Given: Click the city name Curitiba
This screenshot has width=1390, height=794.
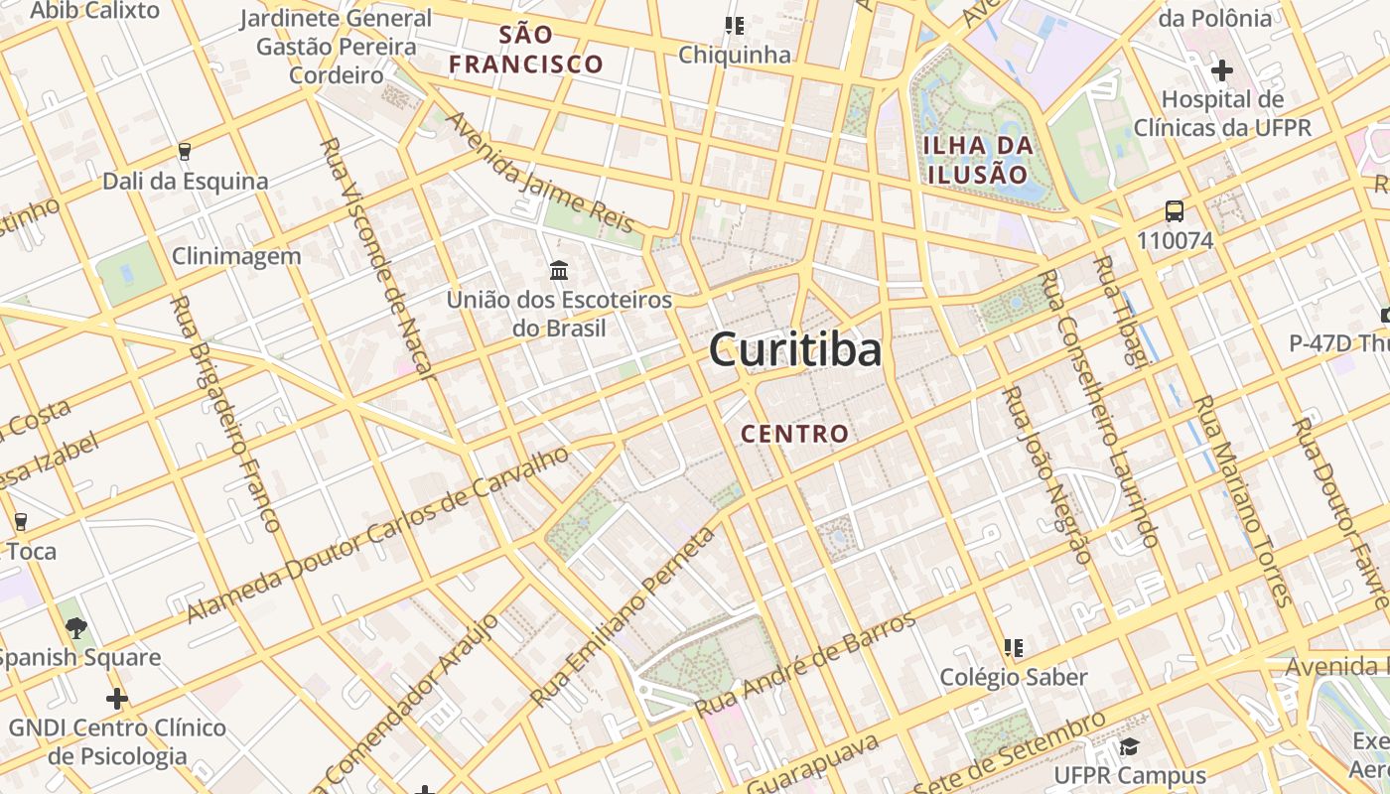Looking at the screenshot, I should coord(795,350).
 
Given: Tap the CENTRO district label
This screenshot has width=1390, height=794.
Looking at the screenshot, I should coord(795,434).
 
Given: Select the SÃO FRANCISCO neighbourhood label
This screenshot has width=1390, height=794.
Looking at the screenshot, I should coord(525,50).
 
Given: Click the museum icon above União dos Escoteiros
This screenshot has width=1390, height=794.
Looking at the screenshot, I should coord(559,270).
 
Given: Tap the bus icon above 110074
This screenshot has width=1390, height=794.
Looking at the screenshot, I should coord(1175,210).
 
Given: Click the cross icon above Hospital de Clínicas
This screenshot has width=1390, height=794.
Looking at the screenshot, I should coord(1222,70).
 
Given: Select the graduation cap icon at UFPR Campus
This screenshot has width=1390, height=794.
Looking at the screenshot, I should coord(1128,746).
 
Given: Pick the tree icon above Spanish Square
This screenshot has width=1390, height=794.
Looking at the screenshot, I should coord(75,627).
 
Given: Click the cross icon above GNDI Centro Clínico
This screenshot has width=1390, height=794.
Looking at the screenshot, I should coord(117,699).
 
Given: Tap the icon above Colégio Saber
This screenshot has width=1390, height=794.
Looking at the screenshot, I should coord(1014,648).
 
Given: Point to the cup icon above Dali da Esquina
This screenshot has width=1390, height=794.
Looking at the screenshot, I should coord(184,152).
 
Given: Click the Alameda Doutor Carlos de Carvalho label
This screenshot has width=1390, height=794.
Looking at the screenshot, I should coord(378,536).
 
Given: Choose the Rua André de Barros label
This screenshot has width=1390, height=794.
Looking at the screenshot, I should coord(805,666).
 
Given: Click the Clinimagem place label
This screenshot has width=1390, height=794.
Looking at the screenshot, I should coord(236,256).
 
